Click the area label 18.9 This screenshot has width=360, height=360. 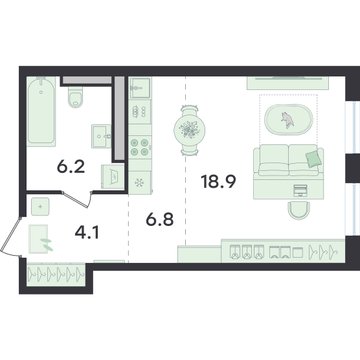tap(218, 182)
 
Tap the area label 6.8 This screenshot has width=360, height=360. tap(160, 220)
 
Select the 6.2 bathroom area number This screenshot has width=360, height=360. tap(71, 166)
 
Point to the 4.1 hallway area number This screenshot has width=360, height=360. tap(86, 233)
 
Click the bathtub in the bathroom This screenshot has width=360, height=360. tap(41, 112)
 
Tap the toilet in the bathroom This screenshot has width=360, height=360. tap(76, 97)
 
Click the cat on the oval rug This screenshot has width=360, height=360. tap(287, 120)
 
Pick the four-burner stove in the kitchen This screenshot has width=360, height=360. tap(140, 147)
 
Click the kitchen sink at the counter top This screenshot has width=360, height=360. tap(140, 88)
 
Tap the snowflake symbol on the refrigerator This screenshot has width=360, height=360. tap(139, 183)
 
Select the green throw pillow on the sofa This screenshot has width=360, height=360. tap(314, 159)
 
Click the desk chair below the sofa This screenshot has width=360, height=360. tap(299, 211)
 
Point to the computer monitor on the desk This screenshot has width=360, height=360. tap(300, 191)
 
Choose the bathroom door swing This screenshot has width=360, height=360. tap(77, 199)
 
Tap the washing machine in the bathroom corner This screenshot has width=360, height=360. tap(113, 176)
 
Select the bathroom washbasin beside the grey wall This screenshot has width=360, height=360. tap(101, 136)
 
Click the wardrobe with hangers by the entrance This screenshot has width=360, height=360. tap(56, 274)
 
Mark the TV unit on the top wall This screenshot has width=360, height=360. tap(288, 83)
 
